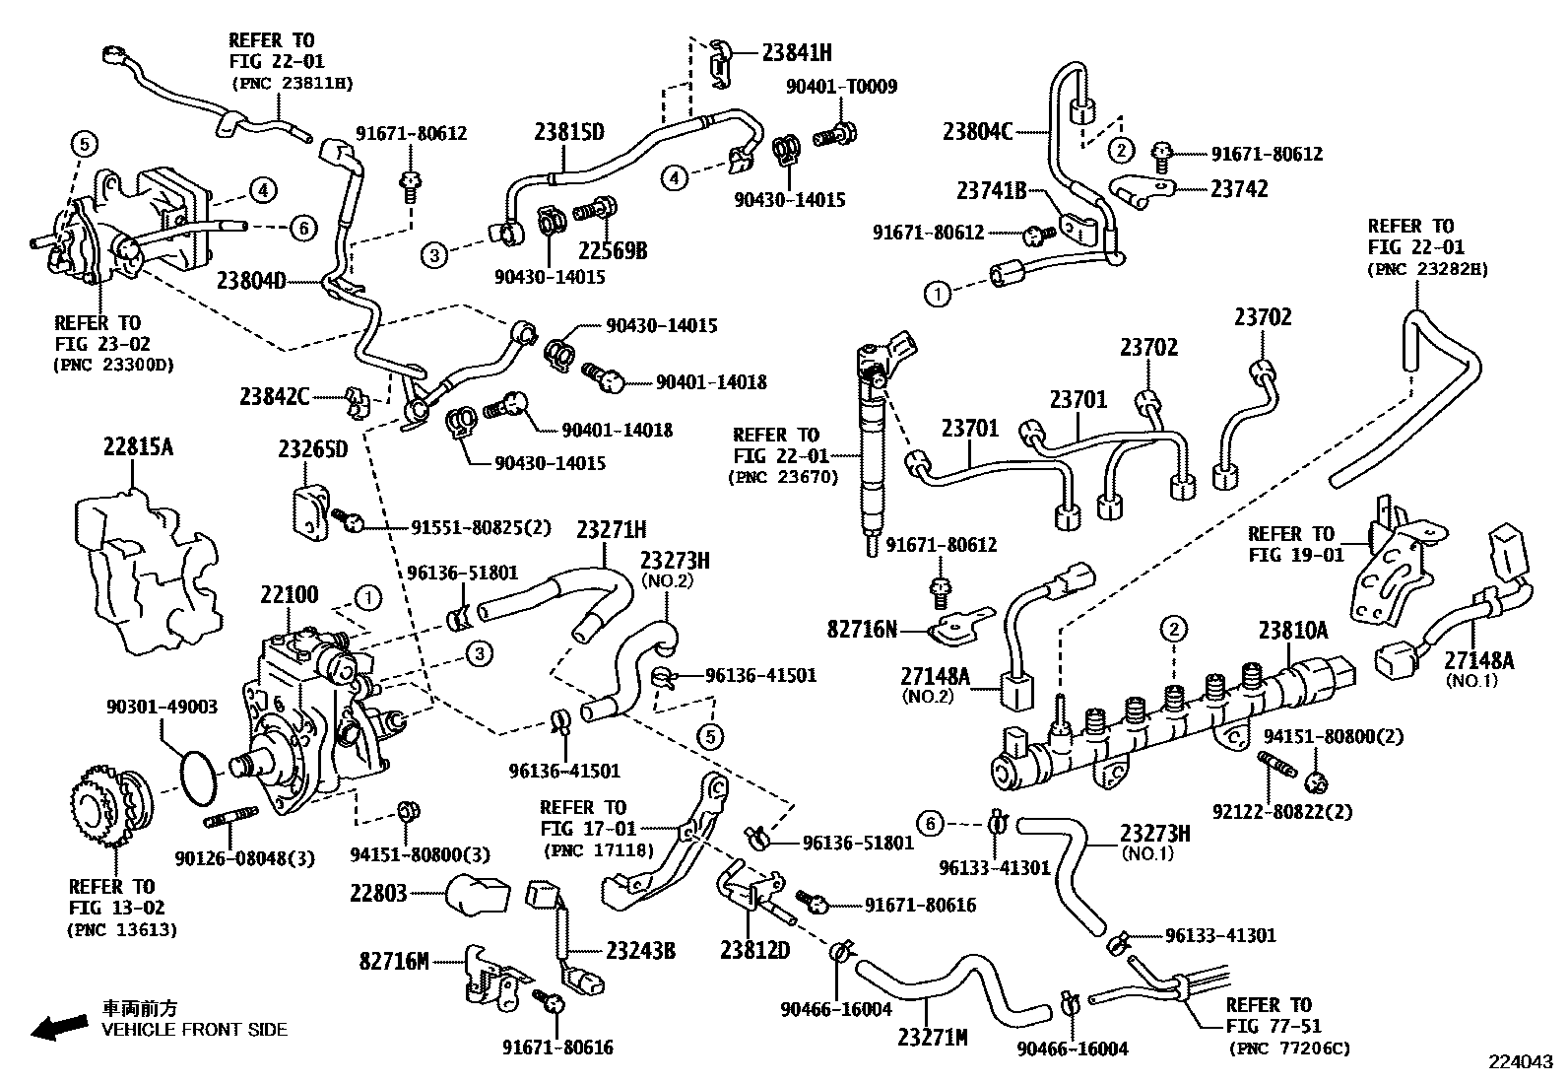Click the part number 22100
290,595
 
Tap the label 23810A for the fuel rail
1292,631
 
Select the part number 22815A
138,447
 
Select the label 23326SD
312,449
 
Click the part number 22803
378,893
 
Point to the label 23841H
796,53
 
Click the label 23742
1239,188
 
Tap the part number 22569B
612,250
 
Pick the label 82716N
862,628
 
